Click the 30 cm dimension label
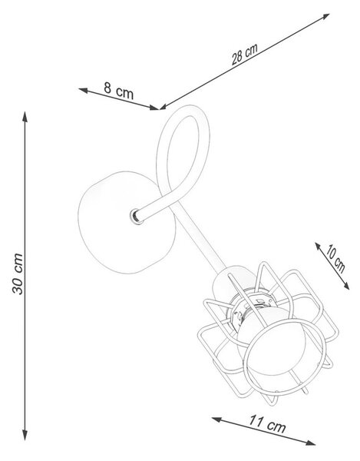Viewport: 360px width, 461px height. tap(18, 274)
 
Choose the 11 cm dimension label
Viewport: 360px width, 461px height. tap(267, 423)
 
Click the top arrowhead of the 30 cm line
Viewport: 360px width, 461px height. tap(25, 117)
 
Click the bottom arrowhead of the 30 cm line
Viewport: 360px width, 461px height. tap(25, 435)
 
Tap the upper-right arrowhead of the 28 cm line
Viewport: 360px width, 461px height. tap(325, 16)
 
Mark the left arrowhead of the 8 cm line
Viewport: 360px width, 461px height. tap(84, 90)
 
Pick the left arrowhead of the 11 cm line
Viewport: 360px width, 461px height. tap(216, 420)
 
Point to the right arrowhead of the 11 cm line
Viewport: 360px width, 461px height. tap(311, 443)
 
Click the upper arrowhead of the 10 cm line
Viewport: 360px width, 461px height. tap(319, 247)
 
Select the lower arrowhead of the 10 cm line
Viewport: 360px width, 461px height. tap(346, 286)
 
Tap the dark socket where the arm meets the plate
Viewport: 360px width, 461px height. tap(136, 217)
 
